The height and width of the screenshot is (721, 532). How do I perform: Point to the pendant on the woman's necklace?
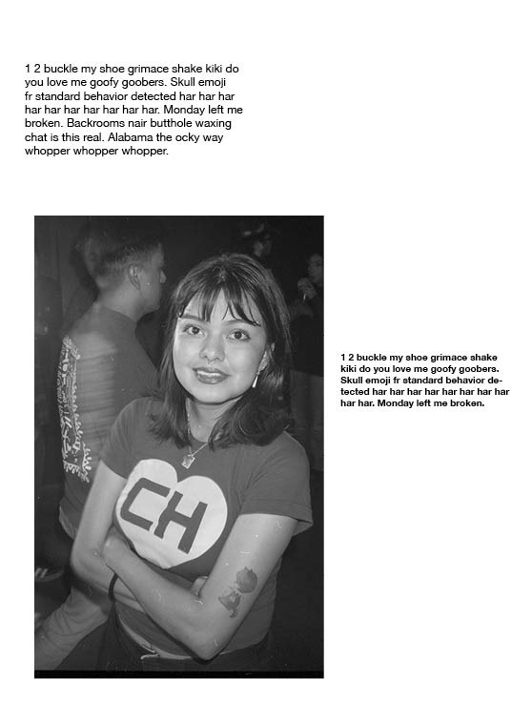pyautogui.click(x=189, y=458)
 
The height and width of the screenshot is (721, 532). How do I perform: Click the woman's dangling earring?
pyautogui.click(x=256, y=379)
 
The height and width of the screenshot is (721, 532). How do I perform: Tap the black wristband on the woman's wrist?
pyautogui.click(x=113, y=586)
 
